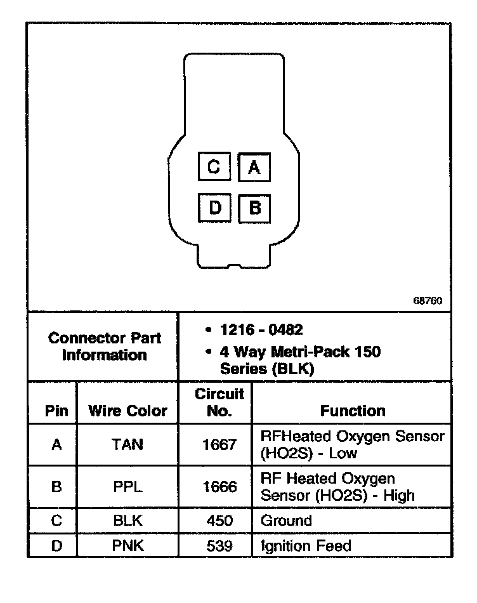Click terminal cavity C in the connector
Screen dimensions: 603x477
(x=214, y=167)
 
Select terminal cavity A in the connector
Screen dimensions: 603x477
(x=254, y=168)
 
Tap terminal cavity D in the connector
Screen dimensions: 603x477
(x=214, y=208)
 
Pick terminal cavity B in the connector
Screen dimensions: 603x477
(x=255, y=208)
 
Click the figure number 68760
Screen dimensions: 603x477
(x=428, y=301)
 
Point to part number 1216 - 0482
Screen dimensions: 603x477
(x=261, y=330)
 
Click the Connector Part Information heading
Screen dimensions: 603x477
(x=105, y=347)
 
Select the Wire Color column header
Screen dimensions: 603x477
(x=127, y=411)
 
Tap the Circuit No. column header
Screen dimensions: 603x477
(x=219, y=402)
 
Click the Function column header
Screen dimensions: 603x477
(x=353, y=411)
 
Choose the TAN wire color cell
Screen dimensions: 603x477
(x=127, y=444)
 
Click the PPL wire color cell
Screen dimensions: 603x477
(x=127, y=487)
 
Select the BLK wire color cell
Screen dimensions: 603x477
(x=127, y=521)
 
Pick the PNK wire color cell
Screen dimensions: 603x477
(x=127, y=545)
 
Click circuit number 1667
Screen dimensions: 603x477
(x=219, y=444)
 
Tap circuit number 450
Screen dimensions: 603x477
(x=219, y=521)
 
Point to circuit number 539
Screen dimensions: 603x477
(x=219, y=545)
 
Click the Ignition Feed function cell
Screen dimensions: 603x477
(x=306, y=545)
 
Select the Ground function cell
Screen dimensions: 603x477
(x=287, y=521)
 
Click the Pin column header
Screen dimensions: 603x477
(x=56, y=411)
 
